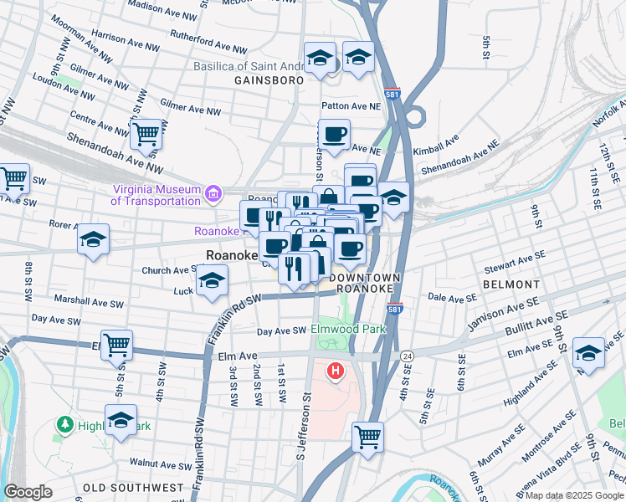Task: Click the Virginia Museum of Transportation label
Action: coord(157,194)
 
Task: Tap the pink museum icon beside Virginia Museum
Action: coord(213,195)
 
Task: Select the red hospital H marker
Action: coord(336,370)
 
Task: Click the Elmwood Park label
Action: coord(349,329)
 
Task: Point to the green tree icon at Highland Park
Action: coord(64,425)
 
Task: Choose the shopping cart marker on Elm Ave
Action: coord(117,344)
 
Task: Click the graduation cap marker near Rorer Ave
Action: coord(94,239)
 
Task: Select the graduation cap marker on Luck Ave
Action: coord(213,281)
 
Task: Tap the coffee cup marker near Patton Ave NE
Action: coord(334,134)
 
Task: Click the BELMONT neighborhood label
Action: coord(511,284)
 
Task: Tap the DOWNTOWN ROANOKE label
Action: coord(364,282)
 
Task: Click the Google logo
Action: coord(28,492)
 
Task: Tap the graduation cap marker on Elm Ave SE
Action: coord(589,352)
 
